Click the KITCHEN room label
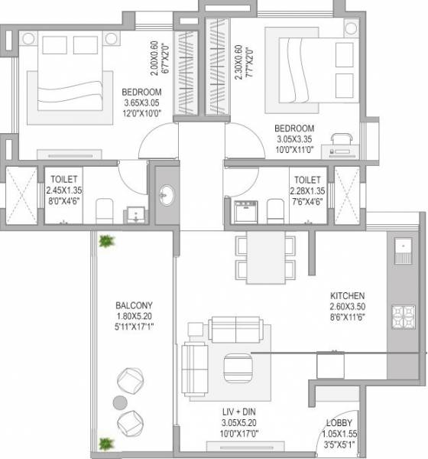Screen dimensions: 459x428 tap(348, 296)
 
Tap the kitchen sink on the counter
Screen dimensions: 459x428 tap(400, 246)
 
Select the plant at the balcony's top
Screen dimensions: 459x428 tap(106, 242)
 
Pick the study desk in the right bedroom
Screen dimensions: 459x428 tap(340, 143)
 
